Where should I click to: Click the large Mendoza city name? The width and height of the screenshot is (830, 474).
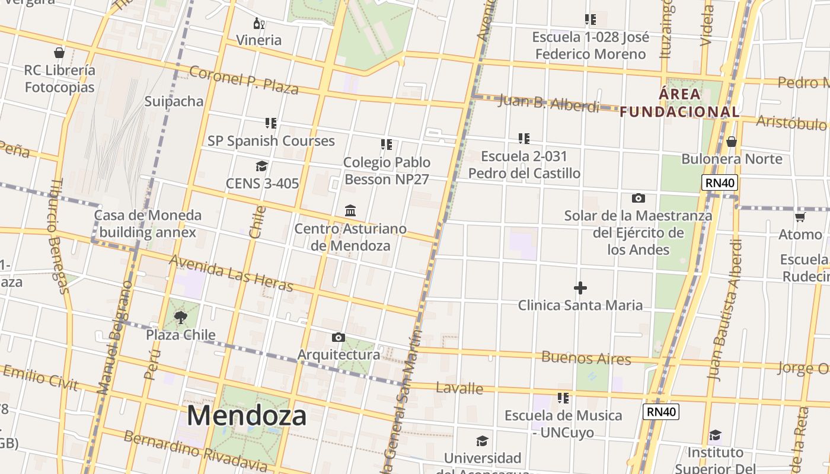247,415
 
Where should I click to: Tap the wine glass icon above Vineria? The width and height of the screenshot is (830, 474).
259,24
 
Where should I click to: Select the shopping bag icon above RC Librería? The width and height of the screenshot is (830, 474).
59,53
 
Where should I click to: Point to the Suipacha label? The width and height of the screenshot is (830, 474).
174,101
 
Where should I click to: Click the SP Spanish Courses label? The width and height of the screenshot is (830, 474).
271,141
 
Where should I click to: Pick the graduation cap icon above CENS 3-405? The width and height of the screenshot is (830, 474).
261,166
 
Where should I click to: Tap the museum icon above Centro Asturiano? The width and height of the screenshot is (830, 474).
350,210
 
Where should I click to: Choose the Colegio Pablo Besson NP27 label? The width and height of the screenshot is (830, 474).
387,171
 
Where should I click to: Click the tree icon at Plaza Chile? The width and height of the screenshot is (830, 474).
181,318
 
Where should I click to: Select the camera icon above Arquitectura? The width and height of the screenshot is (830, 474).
339,337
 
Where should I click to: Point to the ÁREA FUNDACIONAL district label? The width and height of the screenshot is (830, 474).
680,103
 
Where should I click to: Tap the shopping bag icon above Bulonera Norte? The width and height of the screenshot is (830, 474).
732,142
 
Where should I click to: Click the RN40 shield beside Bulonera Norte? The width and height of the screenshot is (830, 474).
720,182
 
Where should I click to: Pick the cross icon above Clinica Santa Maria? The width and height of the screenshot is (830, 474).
580,288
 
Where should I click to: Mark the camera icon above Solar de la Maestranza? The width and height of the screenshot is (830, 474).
639,198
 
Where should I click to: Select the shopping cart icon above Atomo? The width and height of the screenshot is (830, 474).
800,217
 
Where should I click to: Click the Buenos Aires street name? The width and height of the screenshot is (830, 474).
586,358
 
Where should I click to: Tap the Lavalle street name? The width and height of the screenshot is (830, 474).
459,389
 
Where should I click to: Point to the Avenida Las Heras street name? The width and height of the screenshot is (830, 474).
231,274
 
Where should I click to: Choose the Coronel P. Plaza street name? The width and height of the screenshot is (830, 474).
244,80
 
